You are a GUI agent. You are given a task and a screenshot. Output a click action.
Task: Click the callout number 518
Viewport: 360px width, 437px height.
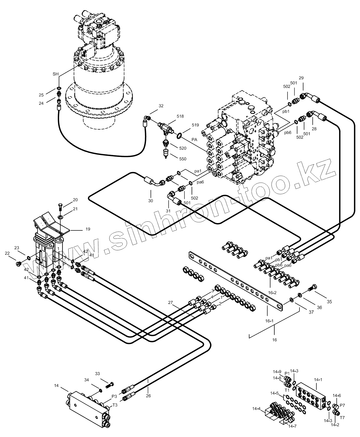click(x=180, y=116)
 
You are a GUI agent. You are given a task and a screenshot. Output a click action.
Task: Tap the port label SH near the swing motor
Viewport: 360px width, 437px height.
click(x=55, y=74)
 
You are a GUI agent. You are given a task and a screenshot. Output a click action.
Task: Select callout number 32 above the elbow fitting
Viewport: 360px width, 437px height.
click(x=161, y=106)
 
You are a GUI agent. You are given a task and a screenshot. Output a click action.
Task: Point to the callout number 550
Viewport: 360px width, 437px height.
click(x=183, y=159)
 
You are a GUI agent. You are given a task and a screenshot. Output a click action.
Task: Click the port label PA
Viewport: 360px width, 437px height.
click(x=194, y=140)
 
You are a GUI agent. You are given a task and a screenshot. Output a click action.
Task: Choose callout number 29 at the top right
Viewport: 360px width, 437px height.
click(x=301, y=78)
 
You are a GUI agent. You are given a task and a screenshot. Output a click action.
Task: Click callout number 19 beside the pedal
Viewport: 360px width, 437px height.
click(x=88, y=229)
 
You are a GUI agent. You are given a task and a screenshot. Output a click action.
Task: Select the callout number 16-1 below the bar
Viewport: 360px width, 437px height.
click(x=269, y=321)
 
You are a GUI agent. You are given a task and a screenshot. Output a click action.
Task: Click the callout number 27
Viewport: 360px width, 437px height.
click(x=170, y=303)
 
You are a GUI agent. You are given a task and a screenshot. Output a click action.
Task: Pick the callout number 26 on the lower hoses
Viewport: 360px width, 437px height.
click(x=148, y=396)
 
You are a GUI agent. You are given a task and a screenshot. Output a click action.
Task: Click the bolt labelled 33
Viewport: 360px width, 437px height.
click(x=111, y=384)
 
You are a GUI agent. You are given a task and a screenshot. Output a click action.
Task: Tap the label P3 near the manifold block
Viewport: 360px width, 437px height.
click(x=114, y=396)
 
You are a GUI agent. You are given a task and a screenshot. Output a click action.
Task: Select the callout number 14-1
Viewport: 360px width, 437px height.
click(x=318, y=379)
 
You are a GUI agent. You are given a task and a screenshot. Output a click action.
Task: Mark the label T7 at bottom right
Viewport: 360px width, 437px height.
click(x=342, y=418)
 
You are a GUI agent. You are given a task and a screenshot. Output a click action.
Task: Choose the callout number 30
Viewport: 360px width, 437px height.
click(x=151, y=201)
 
